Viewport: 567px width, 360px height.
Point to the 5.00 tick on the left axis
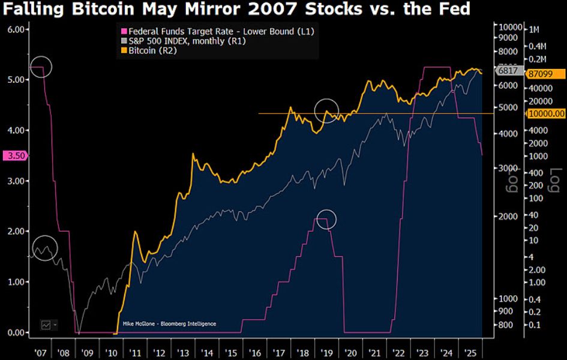tap(16, 80)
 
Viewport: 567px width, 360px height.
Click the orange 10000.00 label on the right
tap(545, 113)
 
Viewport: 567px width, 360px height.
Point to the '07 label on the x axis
tap(41, 352)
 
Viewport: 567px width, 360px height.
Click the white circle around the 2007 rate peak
tap(41, 67)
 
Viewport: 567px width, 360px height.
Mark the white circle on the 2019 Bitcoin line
tap(326, 110)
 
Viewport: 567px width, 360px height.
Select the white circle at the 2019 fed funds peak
tap(326, 220)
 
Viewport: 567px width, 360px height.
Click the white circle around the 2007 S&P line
tap(45, 248)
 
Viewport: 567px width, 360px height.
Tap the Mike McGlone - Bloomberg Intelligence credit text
tap(169, 324)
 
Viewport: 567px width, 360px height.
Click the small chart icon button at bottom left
tap(47, 324)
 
